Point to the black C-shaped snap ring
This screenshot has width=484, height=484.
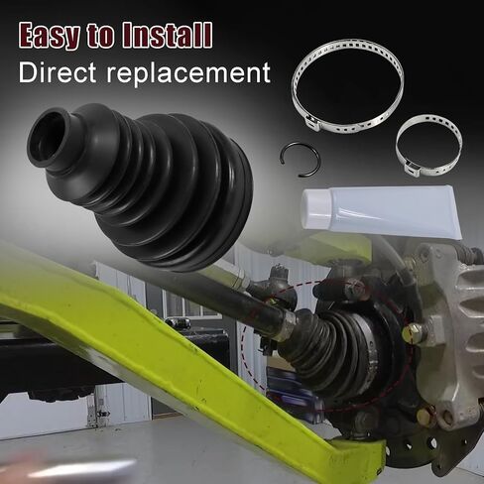[297, 159]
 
